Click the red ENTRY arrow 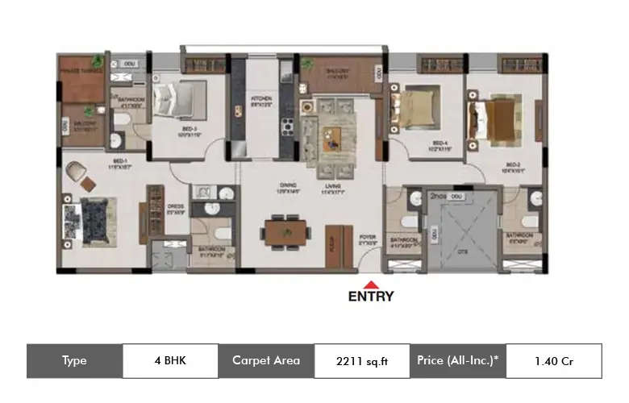371,284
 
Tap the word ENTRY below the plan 371,296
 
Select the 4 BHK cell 170,361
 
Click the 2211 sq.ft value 360,361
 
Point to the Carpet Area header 265,361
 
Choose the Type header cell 74,361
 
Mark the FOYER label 368,238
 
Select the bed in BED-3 183,102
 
